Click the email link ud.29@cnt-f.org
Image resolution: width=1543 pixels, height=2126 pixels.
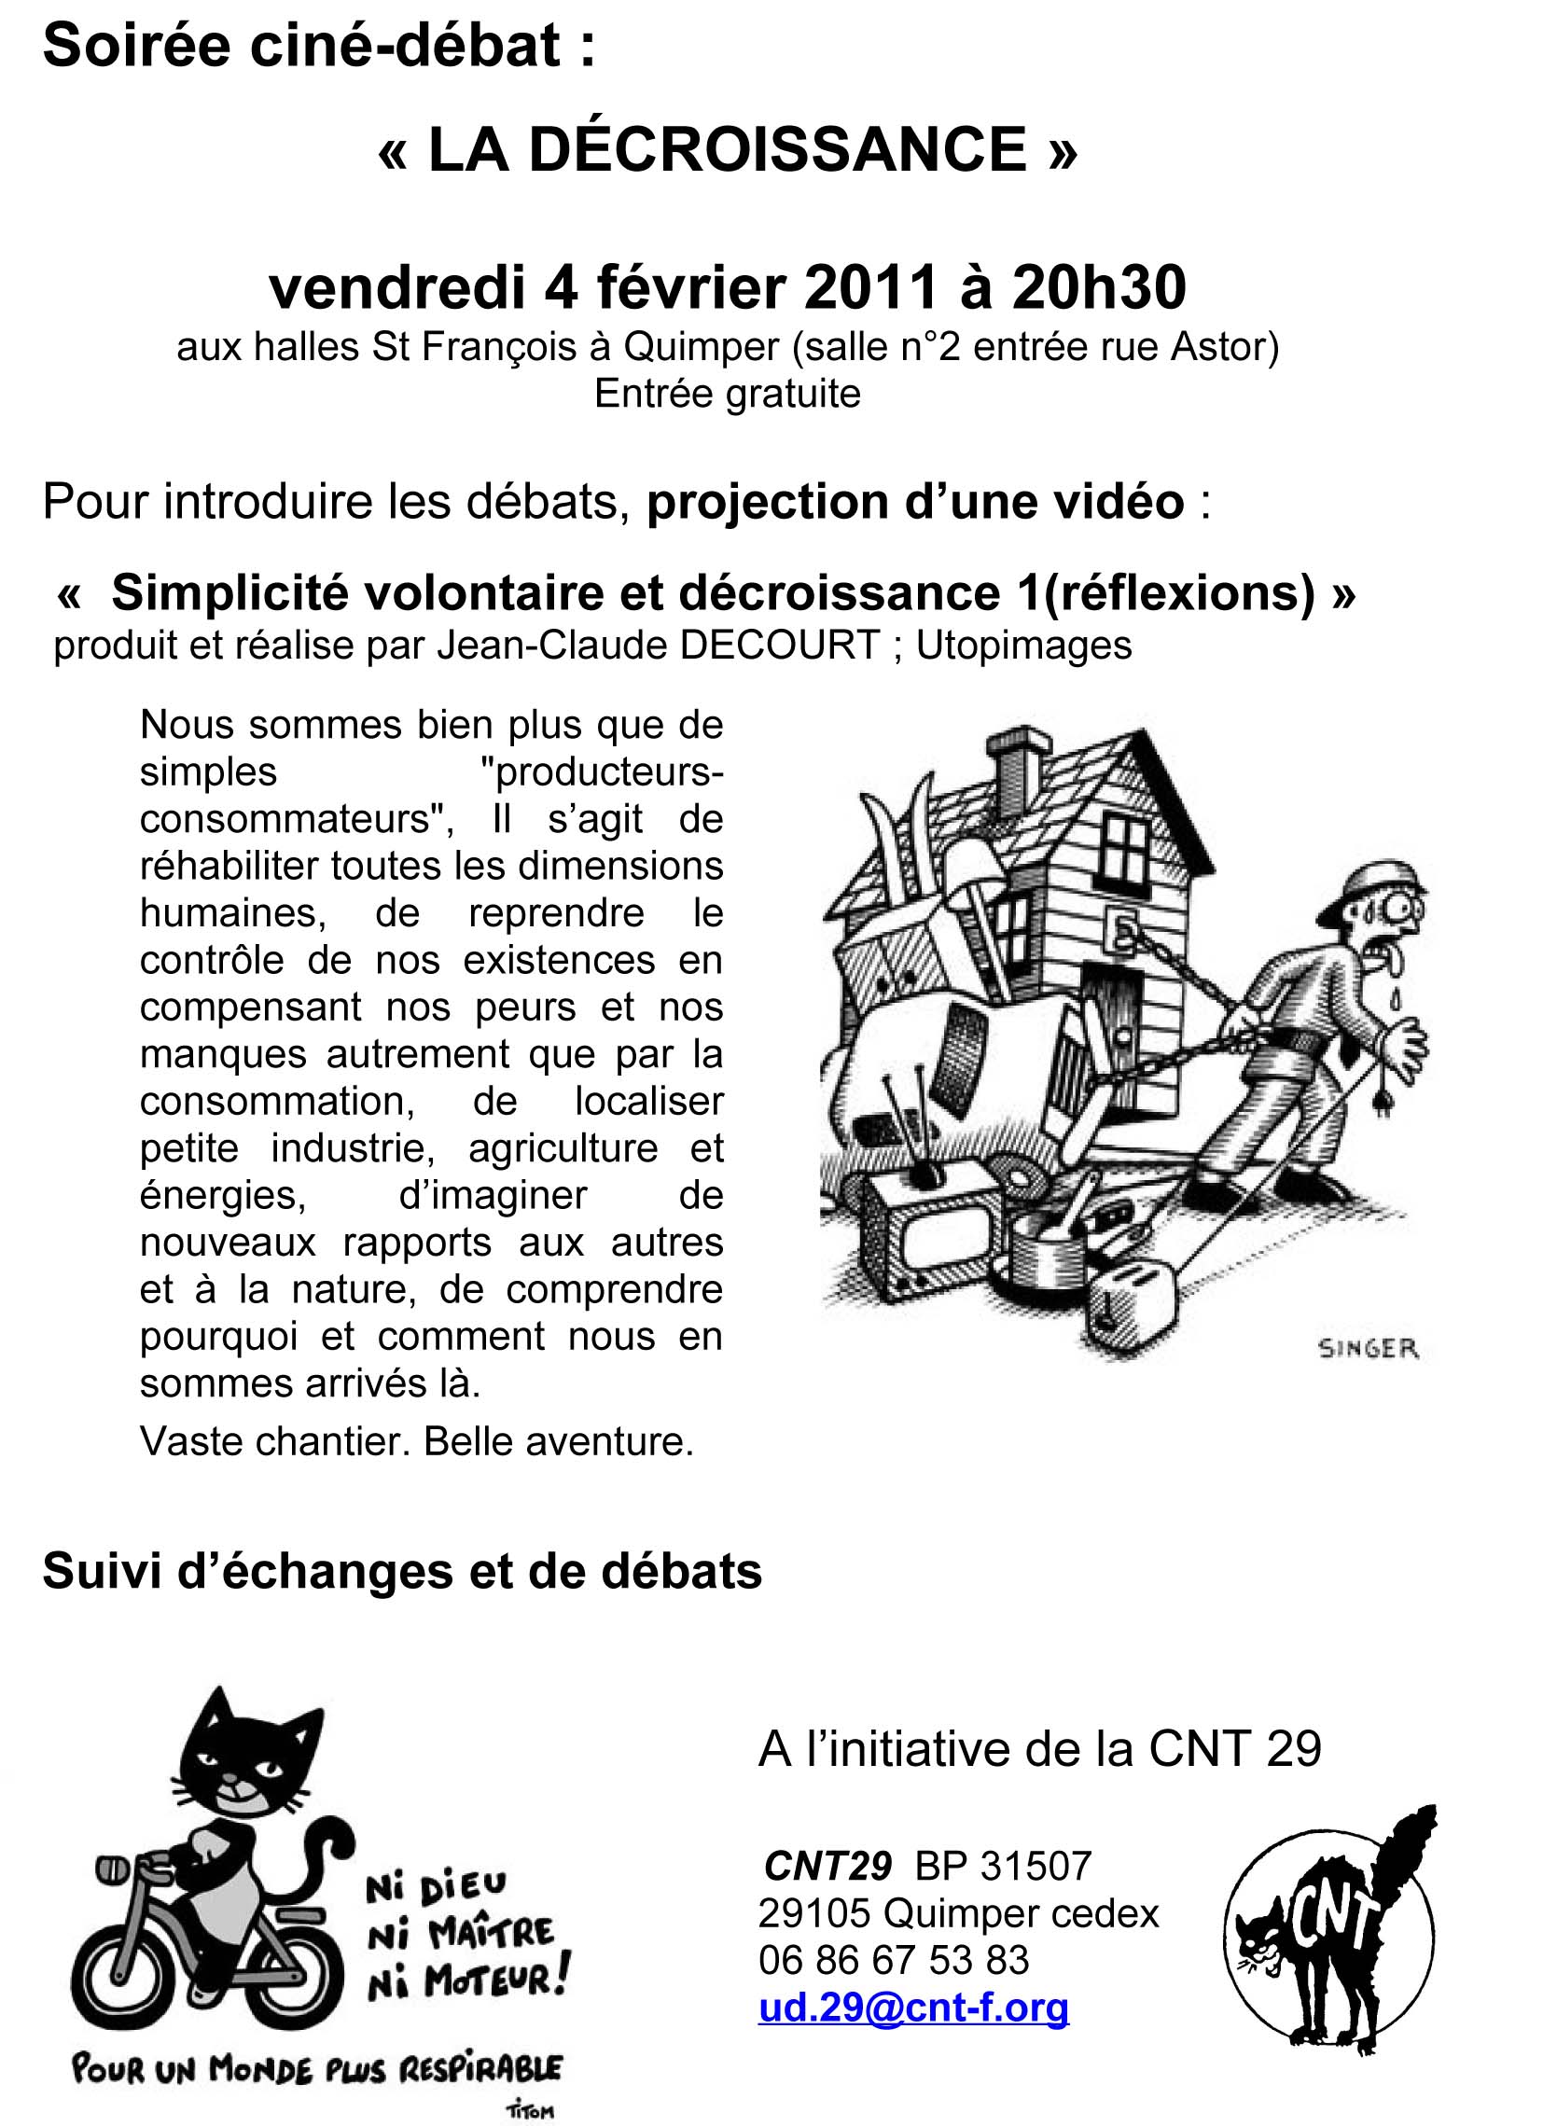tap(913, 2008)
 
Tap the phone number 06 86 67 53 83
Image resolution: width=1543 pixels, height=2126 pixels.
tap(894, 1960)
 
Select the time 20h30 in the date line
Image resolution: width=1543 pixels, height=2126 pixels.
tap(1098, 286)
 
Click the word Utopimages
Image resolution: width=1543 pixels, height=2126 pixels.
tap(1023, 645)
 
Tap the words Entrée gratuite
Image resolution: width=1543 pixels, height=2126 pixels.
tap(728, 394)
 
